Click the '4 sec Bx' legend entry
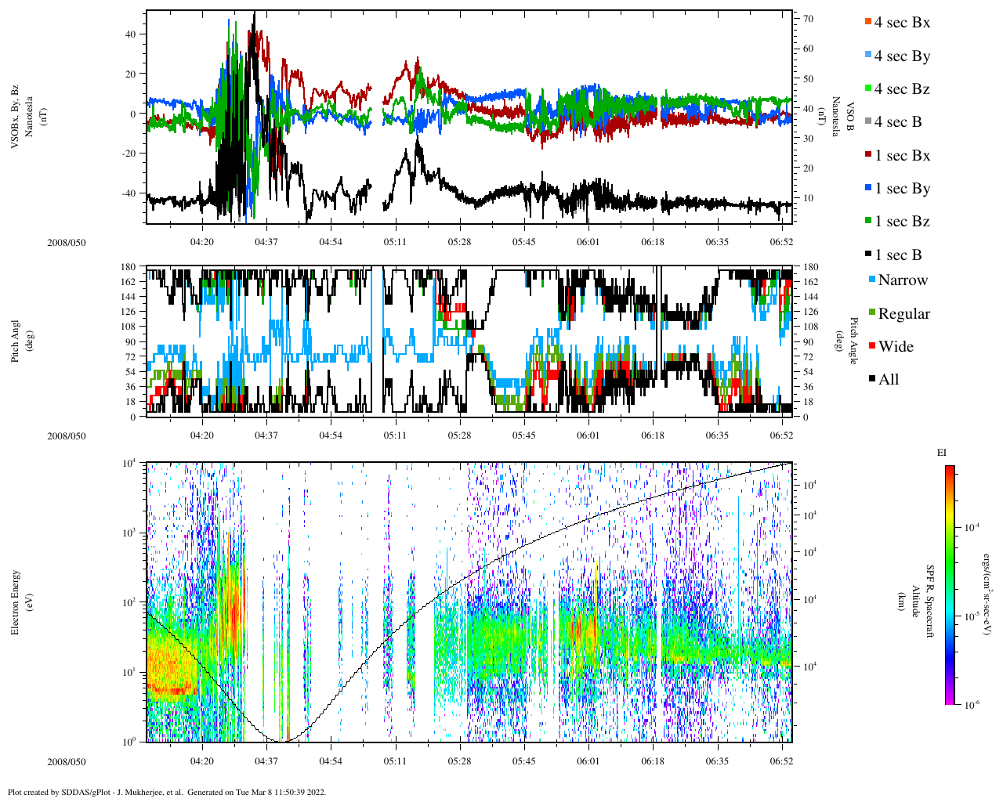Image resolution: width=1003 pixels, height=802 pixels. pyautogui.click(x=902, y=23)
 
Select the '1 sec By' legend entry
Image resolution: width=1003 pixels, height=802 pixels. pyautogui.click(x=902, y=189)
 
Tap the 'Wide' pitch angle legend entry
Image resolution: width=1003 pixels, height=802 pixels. pyautogui.click(x=896, y=347)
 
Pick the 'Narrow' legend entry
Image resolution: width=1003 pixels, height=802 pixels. pyautogui.click(x=902, y=280)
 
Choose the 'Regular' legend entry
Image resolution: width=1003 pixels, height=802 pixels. pyautogui.click(x=903, y=314)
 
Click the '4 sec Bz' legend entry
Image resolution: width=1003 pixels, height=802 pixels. pyautogui.click(x=902, y=89)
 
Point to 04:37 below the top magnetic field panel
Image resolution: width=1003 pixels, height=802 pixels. pyautogui.click(x=266, y=242)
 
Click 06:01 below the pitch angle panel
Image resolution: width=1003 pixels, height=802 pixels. pyautogui.click(x=588, y=435)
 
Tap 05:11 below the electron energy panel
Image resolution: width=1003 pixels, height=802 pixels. pyautogui.click(x=395, y=761)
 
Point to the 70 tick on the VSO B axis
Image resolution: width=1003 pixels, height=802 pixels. pyautogui.click(x=808, y=19)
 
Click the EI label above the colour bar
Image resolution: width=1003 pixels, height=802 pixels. pyautogui.click(x=942, y=453)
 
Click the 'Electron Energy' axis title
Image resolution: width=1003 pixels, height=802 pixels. pyautogui.click(x=15, y=601)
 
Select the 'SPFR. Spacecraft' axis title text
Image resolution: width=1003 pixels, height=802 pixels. pyautogui.click(x=930, y=601)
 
